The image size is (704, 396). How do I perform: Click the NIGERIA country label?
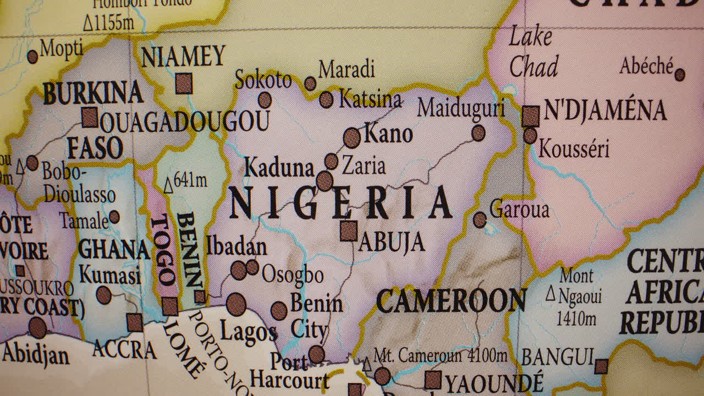click(x=340, y=203)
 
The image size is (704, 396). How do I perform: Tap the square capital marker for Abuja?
click(x=348, y=231)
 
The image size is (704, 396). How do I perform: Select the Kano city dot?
click(x=352, y=137)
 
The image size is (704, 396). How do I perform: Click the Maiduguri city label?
click(x=460, y=108)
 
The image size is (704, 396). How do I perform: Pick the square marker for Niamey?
click(x=184, y=84)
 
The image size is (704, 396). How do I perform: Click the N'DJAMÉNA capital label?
click(x=604, y=111)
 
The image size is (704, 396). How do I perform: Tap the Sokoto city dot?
click(x=265, y=100)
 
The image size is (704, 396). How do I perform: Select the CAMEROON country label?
click(x=450, y=301)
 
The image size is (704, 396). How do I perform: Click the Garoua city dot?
click(x=480, y=219)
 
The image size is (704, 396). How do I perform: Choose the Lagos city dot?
click(x=237, y=304)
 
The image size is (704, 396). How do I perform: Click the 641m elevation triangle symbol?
click(x=168, y=186)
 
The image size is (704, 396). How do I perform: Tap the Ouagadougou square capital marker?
click(x=90, y=117)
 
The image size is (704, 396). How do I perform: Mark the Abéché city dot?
click(x=680, y=74)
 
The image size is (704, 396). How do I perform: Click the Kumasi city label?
click(x=109, y=274)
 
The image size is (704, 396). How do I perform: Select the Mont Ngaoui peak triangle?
click(x=551, y=294)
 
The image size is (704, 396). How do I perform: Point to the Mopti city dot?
click(x=32, y=57)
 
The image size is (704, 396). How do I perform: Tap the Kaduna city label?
click(x=279, y=168)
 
